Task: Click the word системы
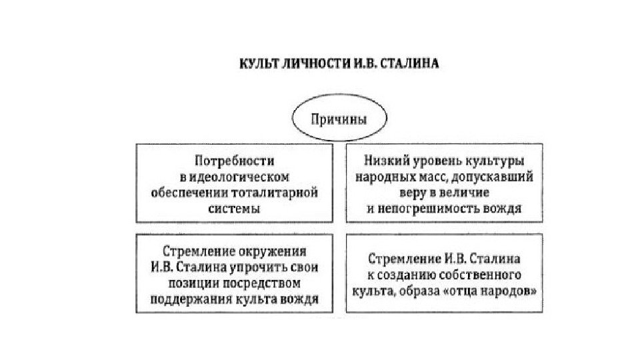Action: (x=235, y=209)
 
